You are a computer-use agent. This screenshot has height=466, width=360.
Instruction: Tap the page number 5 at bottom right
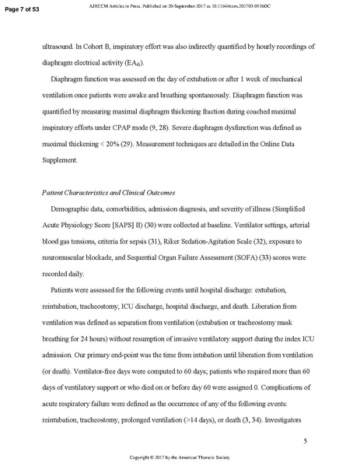[x=306, y=420]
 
